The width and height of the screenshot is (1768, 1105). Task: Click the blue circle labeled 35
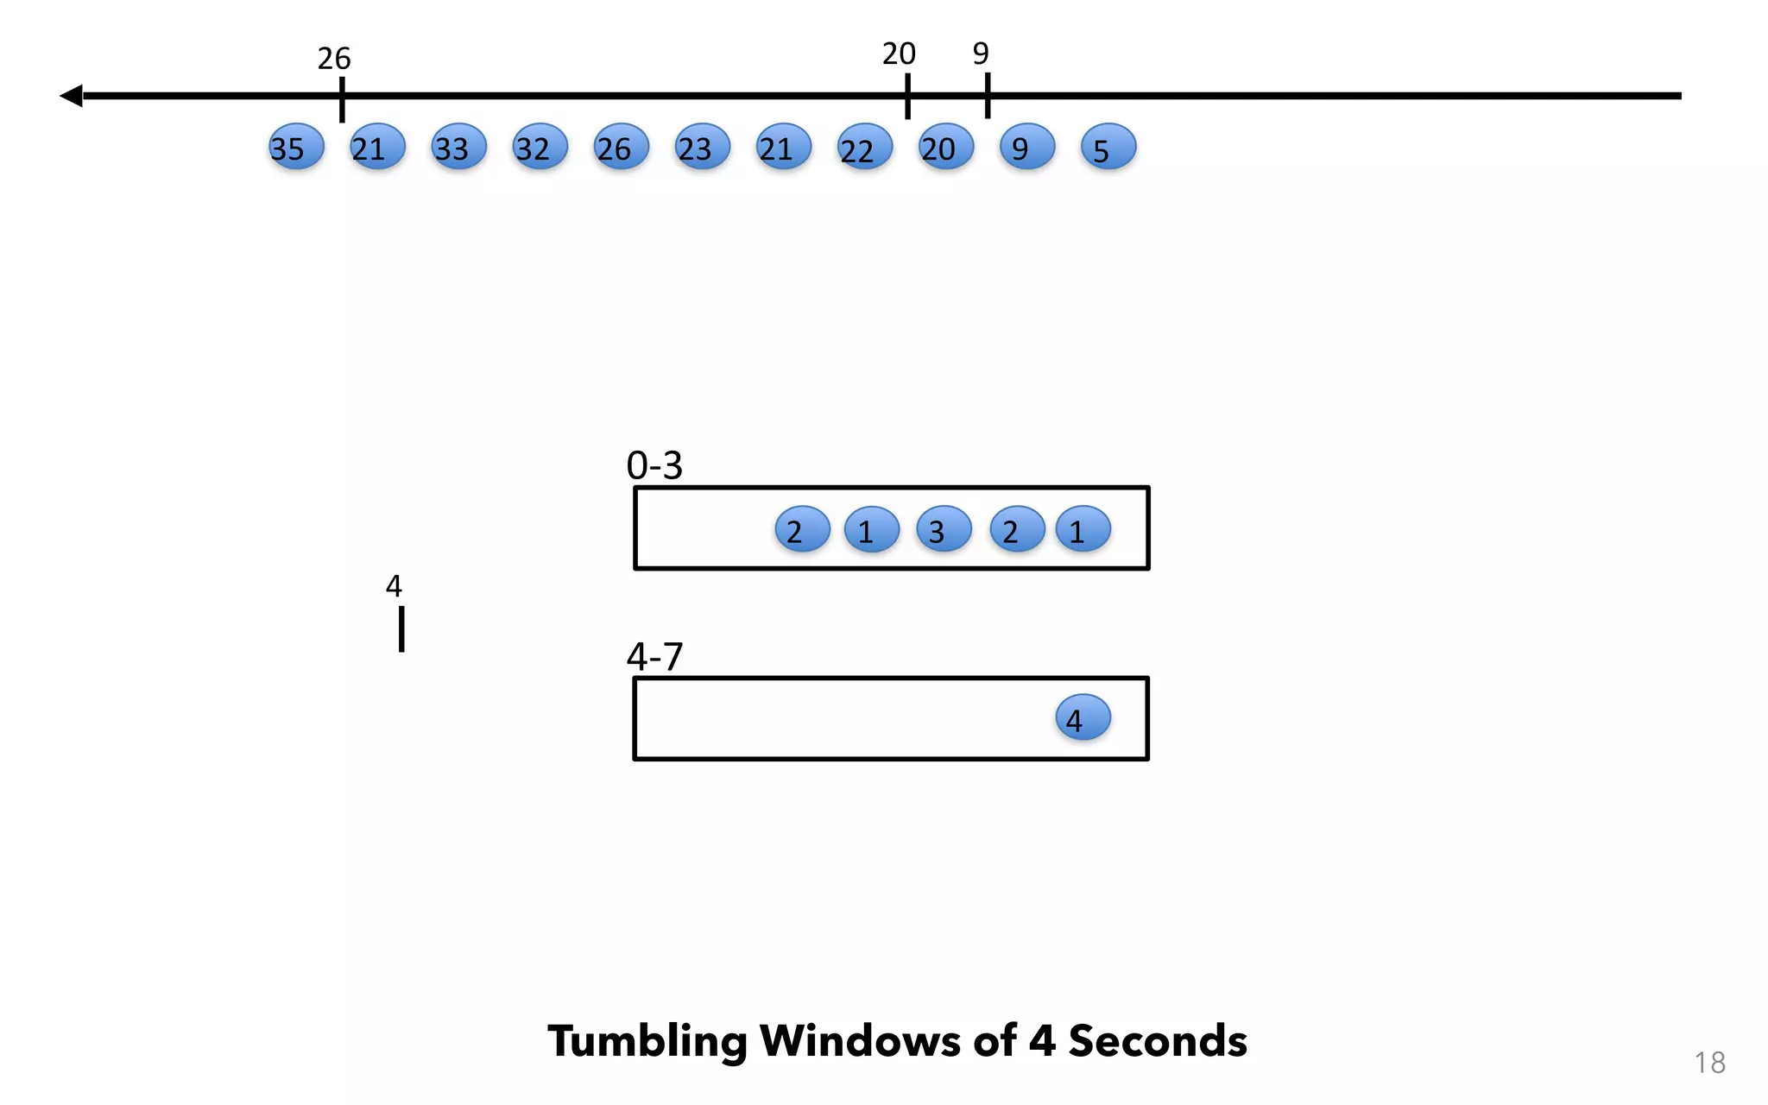[x=296, y=147]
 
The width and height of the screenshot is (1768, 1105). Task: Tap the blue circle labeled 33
[x=458, y=147]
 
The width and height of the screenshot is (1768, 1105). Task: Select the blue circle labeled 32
[x=540, y=147]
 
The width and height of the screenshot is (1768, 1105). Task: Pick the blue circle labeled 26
[x=621, y=147]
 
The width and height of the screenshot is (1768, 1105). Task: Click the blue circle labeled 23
[x=702, y=147]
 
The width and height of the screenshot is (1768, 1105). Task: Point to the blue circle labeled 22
[x=864, y=147]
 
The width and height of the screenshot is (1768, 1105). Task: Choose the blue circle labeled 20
[x=945, y=147]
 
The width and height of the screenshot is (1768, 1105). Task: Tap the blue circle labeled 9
[x=1026, y=147]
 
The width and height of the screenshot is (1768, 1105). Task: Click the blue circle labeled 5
[x=1108, y=147]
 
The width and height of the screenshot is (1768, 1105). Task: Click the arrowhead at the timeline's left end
[x=72, y=96]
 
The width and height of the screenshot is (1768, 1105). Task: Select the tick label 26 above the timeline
[x=334, y=59]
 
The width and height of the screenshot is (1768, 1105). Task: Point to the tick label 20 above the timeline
[x=899, y=54]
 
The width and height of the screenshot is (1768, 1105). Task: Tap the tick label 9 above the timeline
[x=981, y=54]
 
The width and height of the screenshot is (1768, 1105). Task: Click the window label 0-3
[x=654, y=466]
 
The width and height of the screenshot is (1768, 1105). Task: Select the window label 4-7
[x=654, y=657]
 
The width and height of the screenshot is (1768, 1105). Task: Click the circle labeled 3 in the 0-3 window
[x=944, y=529]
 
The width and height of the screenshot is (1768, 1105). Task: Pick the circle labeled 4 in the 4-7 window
[x=1083, y=717]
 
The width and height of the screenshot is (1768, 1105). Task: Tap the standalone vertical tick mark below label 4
[x=401, y=628]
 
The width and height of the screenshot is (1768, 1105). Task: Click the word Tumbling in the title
[x=647, y=1041]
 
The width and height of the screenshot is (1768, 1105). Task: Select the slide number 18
[x=1709, y=1063]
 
